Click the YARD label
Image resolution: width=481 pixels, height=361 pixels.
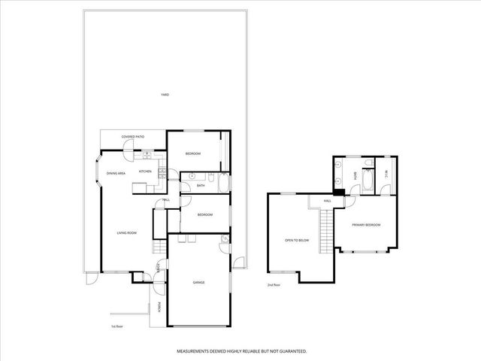coord(165,95)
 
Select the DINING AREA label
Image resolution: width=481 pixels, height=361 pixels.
coord(115,174)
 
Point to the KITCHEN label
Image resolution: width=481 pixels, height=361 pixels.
coord(145,171)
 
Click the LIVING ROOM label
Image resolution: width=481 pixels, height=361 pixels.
coord(126,233)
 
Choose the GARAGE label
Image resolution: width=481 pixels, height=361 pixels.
coord(198,283)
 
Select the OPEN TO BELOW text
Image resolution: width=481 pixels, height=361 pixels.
coord(297,241)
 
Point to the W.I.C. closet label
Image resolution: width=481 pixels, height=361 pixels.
coord(385,175)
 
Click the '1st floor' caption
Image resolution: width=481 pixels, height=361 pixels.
coord(116,326)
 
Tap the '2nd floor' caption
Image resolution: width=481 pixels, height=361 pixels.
coord(274,285)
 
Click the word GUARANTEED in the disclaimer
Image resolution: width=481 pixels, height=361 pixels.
coord(289,351)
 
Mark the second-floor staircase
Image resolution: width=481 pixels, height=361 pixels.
coord(325,229)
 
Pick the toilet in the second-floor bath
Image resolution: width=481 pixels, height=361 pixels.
coord(368,163)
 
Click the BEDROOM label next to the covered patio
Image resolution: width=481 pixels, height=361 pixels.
coord(193,154)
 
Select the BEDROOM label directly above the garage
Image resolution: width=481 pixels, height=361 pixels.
coord(205,215)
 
